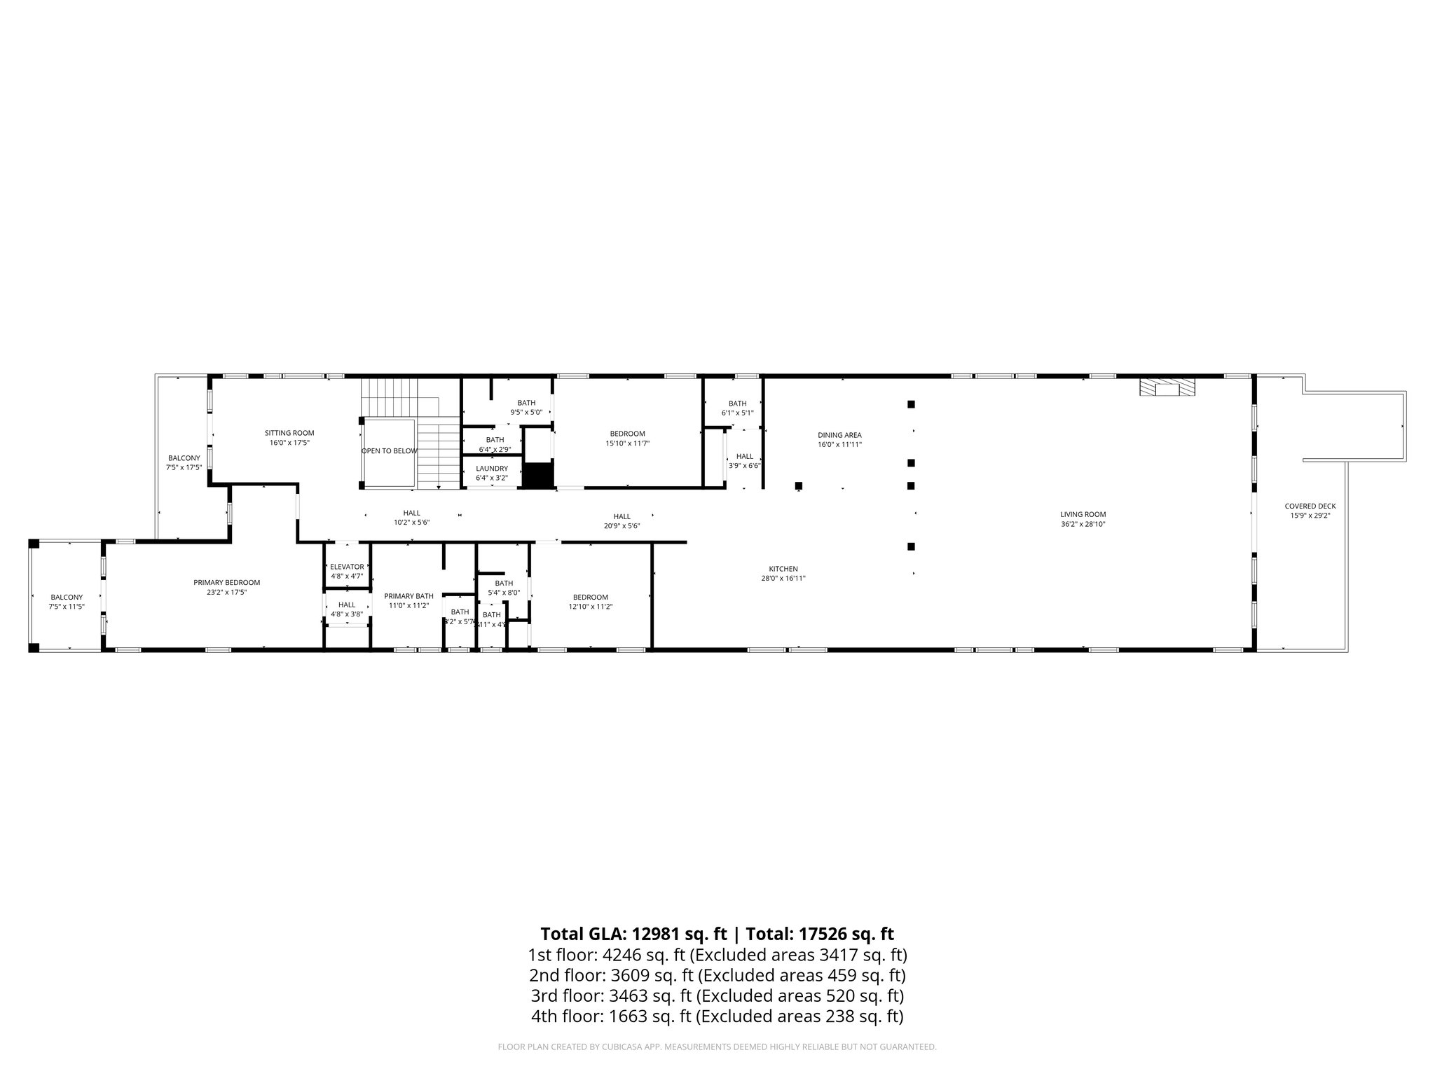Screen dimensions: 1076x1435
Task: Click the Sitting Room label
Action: (x=289, y=433)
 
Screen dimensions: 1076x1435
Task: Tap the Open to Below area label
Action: (x=389, y=451)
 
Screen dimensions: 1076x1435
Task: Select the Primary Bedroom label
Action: (x=226, y=582)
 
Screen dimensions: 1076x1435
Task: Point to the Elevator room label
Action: (x=347, y=567)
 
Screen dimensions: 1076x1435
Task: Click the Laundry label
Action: (x=491, y=469)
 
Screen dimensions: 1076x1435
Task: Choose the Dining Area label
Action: (x=839, y=435)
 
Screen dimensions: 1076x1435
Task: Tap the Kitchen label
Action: (x=783, y=569)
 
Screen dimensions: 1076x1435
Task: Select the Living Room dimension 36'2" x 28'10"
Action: (x=1083, y=524)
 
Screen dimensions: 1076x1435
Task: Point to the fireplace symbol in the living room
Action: (x=1167, y=389)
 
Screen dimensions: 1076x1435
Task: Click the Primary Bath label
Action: (x=408, y=596)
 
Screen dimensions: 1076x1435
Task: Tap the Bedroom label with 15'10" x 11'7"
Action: (x=627, y=434)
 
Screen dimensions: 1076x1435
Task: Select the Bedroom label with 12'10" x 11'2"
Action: (x=590, y=597)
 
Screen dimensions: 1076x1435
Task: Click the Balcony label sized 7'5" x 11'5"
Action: (x=67, y=598)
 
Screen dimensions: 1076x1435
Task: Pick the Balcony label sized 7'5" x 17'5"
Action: (x=184, y=458)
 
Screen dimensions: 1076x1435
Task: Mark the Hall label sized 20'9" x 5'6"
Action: (x=622, y=516)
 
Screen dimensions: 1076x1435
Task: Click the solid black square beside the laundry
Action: (x=538, y=476)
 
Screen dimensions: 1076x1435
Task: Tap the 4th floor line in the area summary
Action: (x=717, y=1016)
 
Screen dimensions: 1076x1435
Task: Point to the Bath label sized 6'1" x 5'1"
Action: (x=737, y=403)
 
